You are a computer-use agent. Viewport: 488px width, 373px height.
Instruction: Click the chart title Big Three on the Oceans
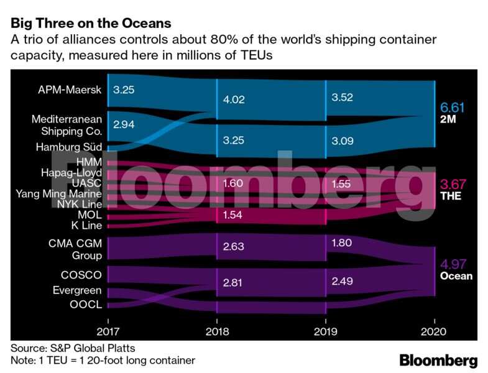coord(90,24)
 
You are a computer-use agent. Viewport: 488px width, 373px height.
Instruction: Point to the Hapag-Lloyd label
coord(71,172)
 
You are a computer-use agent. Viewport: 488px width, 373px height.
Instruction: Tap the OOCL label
coord(85,305)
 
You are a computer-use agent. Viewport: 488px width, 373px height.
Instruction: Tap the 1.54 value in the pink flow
coord(233,214)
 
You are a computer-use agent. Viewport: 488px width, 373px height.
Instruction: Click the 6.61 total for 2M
coord(453,107)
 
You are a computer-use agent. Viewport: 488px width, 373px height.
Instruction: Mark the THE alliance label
coord(449,196)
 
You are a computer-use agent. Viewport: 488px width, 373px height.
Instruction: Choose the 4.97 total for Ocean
coord(453,264)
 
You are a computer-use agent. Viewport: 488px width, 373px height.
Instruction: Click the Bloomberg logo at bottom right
coord(438,360)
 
